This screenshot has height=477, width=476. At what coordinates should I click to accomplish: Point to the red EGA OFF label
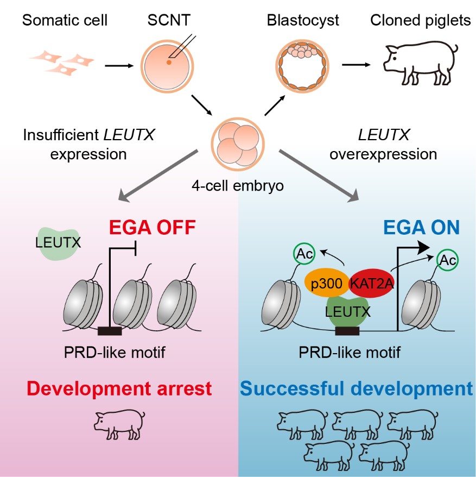click(145, 227)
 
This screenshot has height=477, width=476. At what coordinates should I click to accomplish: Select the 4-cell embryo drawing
click(234, 142)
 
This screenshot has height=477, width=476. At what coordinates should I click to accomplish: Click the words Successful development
click(357, 390)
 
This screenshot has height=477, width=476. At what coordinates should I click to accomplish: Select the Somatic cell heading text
click(65, 21)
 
